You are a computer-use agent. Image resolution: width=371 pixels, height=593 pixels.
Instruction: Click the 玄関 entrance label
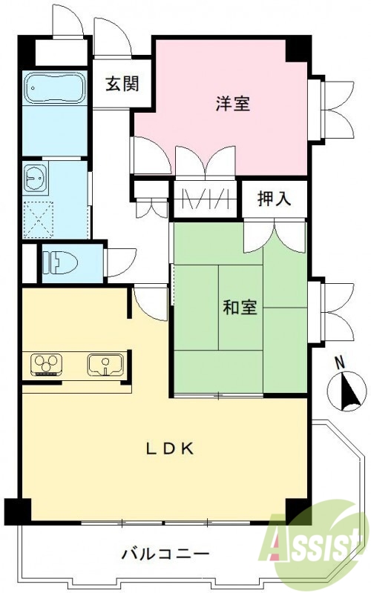click(x=121, y=84)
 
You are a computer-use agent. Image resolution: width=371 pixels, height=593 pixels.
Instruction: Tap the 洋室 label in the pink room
click(x=232, y=105)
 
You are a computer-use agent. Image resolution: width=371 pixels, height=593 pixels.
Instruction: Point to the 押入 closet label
click(x=273, y=198)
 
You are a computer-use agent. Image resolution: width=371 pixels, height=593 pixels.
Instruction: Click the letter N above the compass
click(x=339, y=363)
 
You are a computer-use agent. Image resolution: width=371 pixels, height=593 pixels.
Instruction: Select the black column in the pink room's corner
click(x=298, y=49)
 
